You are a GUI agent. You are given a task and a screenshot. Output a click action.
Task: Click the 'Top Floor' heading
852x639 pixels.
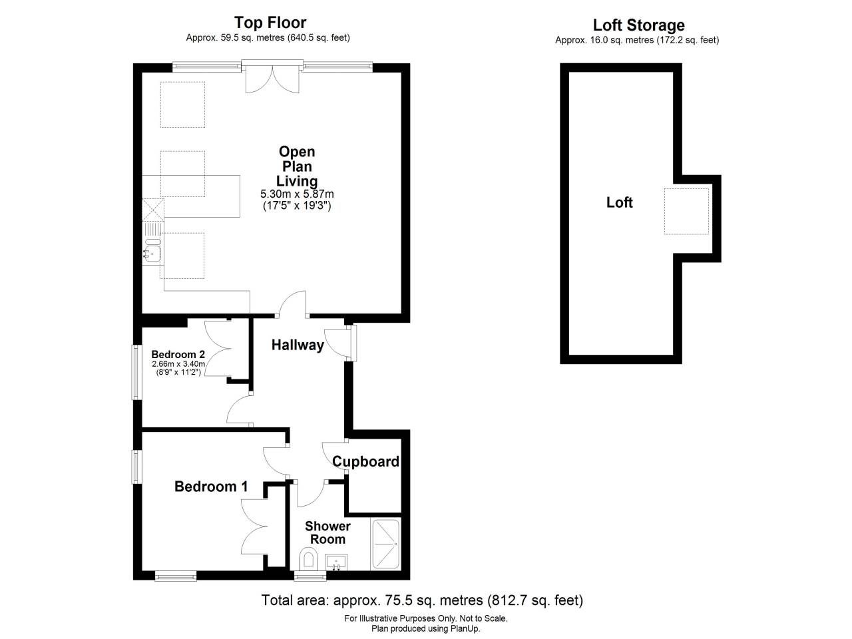[270, 23]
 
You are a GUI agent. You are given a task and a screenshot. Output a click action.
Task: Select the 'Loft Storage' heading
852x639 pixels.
[638, 25]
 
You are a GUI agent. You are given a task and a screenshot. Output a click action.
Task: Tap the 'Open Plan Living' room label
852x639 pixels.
[297, 166]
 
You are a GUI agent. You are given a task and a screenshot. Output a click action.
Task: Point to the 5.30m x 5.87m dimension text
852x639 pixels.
[297, 194]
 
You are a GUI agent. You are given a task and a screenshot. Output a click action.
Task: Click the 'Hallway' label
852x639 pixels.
[298, 345]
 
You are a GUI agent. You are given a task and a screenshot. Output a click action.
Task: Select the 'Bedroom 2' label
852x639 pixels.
[178, 354]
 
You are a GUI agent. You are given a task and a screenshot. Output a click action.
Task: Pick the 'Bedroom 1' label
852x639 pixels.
[211, 487]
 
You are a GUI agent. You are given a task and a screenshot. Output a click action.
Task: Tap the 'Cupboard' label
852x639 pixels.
[365, 461]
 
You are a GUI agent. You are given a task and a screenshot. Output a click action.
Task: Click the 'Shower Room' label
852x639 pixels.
[327, 532]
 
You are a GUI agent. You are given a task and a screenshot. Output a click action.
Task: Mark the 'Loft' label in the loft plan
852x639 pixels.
[619, 202]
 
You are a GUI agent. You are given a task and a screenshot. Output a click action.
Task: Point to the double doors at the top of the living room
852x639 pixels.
[271, 77]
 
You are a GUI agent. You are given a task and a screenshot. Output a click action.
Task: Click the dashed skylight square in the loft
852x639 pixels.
[686, 211]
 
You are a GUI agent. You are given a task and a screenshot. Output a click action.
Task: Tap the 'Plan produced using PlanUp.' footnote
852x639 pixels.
[426, 628]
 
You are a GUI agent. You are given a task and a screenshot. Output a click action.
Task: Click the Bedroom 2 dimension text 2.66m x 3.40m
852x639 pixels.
[178, 364]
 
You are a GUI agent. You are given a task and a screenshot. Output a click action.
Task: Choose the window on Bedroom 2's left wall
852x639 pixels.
[136, 372]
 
